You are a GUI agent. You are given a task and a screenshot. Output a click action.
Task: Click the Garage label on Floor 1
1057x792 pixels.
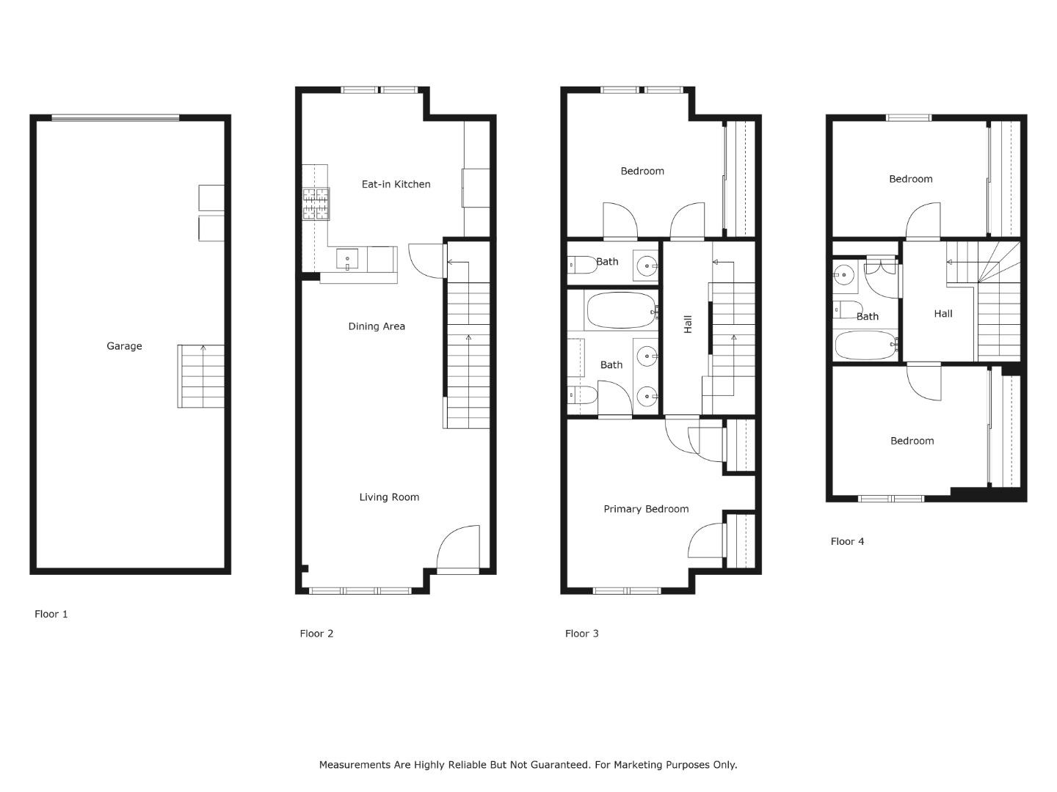124,346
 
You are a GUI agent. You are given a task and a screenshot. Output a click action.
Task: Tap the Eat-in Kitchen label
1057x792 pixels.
396,184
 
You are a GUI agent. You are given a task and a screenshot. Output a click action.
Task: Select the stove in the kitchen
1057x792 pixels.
316,204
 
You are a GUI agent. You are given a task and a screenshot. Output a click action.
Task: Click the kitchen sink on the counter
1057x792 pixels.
347,259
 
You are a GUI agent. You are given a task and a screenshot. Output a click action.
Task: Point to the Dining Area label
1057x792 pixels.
377,326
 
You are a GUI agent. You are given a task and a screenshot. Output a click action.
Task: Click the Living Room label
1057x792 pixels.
389,497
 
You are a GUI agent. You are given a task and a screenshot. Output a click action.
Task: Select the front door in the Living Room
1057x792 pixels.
458,550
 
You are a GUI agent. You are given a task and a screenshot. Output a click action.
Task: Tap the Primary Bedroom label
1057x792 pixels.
646,509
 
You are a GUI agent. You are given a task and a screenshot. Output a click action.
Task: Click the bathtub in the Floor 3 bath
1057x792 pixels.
621,312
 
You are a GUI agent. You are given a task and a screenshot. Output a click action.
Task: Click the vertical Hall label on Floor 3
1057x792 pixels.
688,324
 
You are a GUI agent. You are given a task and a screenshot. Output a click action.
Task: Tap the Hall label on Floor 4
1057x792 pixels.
943,313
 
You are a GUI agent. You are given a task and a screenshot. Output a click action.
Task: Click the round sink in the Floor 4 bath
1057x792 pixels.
843,276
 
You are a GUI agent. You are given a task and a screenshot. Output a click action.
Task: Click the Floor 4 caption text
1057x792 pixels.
847,541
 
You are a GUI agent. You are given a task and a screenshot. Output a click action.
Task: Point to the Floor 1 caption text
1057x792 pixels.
51,614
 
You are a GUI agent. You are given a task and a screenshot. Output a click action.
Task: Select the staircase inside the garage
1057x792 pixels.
201,376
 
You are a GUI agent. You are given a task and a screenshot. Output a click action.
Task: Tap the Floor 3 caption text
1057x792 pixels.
581,633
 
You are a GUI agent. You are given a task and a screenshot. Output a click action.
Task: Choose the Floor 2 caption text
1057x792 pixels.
316,633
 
